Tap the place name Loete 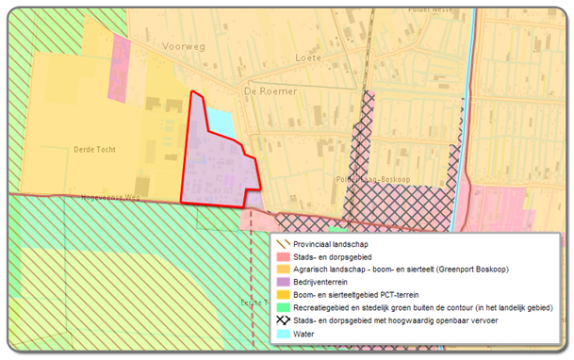[308, 57]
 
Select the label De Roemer [270, 90]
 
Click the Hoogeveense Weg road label [110, 198]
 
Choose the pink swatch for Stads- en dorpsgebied [283, 256]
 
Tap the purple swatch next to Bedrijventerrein [283, 282]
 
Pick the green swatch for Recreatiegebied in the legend [283, 308]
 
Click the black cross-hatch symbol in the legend [283, 321]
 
